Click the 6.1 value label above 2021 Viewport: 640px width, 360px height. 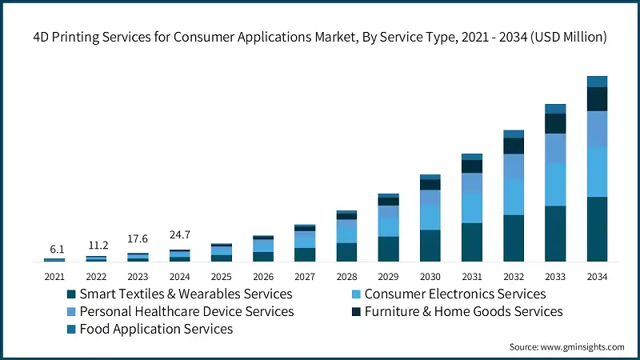54,250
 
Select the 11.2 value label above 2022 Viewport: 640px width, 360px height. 96,245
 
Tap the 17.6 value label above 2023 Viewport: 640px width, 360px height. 138,239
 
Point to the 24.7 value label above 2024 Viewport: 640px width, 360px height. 180,235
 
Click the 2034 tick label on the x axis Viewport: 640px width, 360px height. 597,277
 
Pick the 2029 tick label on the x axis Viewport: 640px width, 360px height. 388,277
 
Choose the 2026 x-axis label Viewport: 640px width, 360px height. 263,277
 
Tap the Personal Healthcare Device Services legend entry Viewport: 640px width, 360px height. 186,311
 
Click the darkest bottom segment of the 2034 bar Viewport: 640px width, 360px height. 597,230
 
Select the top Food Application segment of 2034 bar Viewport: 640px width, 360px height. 597,82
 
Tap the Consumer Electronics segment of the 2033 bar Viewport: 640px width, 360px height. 555,185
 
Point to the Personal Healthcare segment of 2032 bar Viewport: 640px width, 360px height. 514,166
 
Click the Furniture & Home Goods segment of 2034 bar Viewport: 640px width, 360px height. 597,99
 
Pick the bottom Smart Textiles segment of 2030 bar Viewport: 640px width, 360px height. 430,246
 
